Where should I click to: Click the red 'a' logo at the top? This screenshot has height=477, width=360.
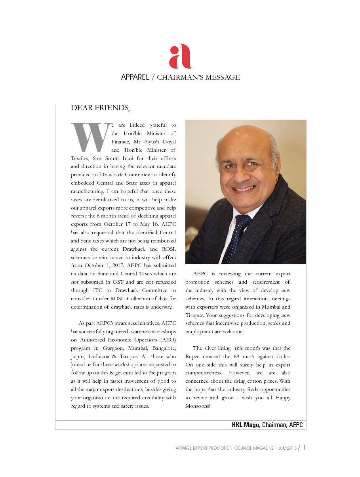coord(180,56)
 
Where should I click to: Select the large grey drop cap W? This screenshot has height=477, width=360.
coord(90,137)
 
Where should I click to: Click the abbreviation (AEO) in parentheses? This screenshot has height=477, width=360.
coord(166,340)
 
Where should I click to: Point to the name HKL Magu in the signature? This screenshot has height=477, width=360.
coord(246,425)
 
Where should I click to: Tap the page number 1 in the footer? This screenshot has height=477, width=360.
coord(304,448)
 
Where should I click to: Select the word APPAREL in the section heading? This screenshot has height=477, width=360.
coord(135,77)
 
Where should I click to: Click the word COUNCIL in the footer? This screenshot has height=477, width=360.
coord(248,448)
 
